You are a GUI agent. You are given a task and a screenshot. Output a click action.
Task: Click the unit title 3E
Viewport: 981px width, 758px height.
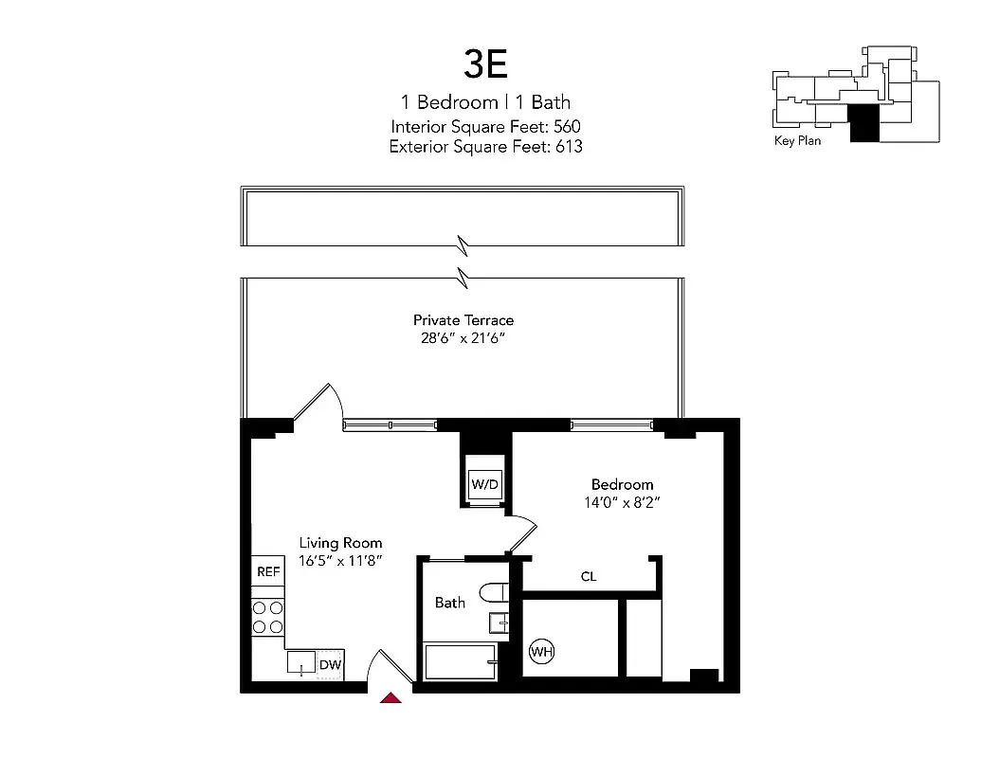click(486, 63)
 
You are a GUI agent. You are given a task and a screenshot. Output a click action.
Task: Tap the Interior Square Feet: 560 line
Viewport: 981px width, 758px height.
click(486, 126)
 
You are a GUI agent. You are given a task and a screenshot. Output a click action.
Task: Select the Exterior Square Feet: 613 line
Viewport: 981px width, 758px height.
click(486, 147)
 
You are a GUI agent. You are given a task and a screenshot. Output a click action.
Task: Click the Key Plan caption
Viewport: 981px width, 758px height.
click(797, 141)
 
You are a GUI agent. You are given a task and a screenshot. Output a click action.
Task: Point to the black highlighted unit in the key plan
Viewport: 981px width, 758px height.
click(863, 122)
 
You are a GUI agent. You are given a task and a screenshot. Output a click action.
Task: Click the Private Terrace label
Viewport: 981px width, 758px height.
click(463, 320)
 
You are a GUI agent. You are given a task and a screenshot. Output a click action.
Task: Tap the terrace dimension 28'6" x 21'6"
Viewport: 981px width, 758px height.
click(463, 338)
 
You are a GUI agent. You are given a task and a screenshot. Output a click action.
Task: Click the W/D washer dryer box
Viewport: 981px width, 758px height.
click(484, 484)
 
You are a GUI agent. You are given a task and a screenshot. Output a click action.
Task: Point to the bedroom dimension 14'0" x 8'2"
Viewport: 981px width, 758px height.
click(622, 502)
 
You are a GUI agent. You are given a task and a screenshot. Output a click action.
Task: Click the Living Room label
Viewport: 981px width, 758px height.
click(340, 543)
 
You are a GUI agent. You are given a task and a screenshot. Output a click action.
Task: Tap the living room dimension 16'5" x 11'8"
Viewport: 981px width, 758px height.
click(340, 561)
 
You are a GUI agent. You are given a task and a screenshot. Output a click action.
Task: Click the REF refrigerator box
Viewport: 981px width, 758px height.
click(268, 572)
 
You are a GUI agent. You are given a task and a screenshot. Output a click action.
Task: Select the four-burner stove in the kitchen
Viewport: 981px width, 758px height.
click(268, 617)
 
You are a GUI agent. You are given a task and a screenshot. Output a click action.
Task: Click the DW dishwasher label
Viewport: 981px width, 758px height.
click(329, 666)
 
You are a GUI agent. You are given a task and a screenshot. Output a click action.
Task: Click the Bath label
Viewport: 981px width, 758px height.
click(450, 602)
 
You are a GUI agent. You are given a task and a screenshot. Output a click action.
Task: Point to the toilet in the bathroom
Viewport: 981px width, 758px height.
click(495, 593)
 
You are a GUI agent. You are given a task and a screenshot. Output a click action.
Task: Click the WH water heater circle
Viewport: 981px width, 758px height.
click(541, 652)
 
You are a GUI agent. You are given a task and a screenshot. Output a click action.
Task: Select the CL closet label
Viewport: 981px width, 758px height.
click(589, 576)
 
